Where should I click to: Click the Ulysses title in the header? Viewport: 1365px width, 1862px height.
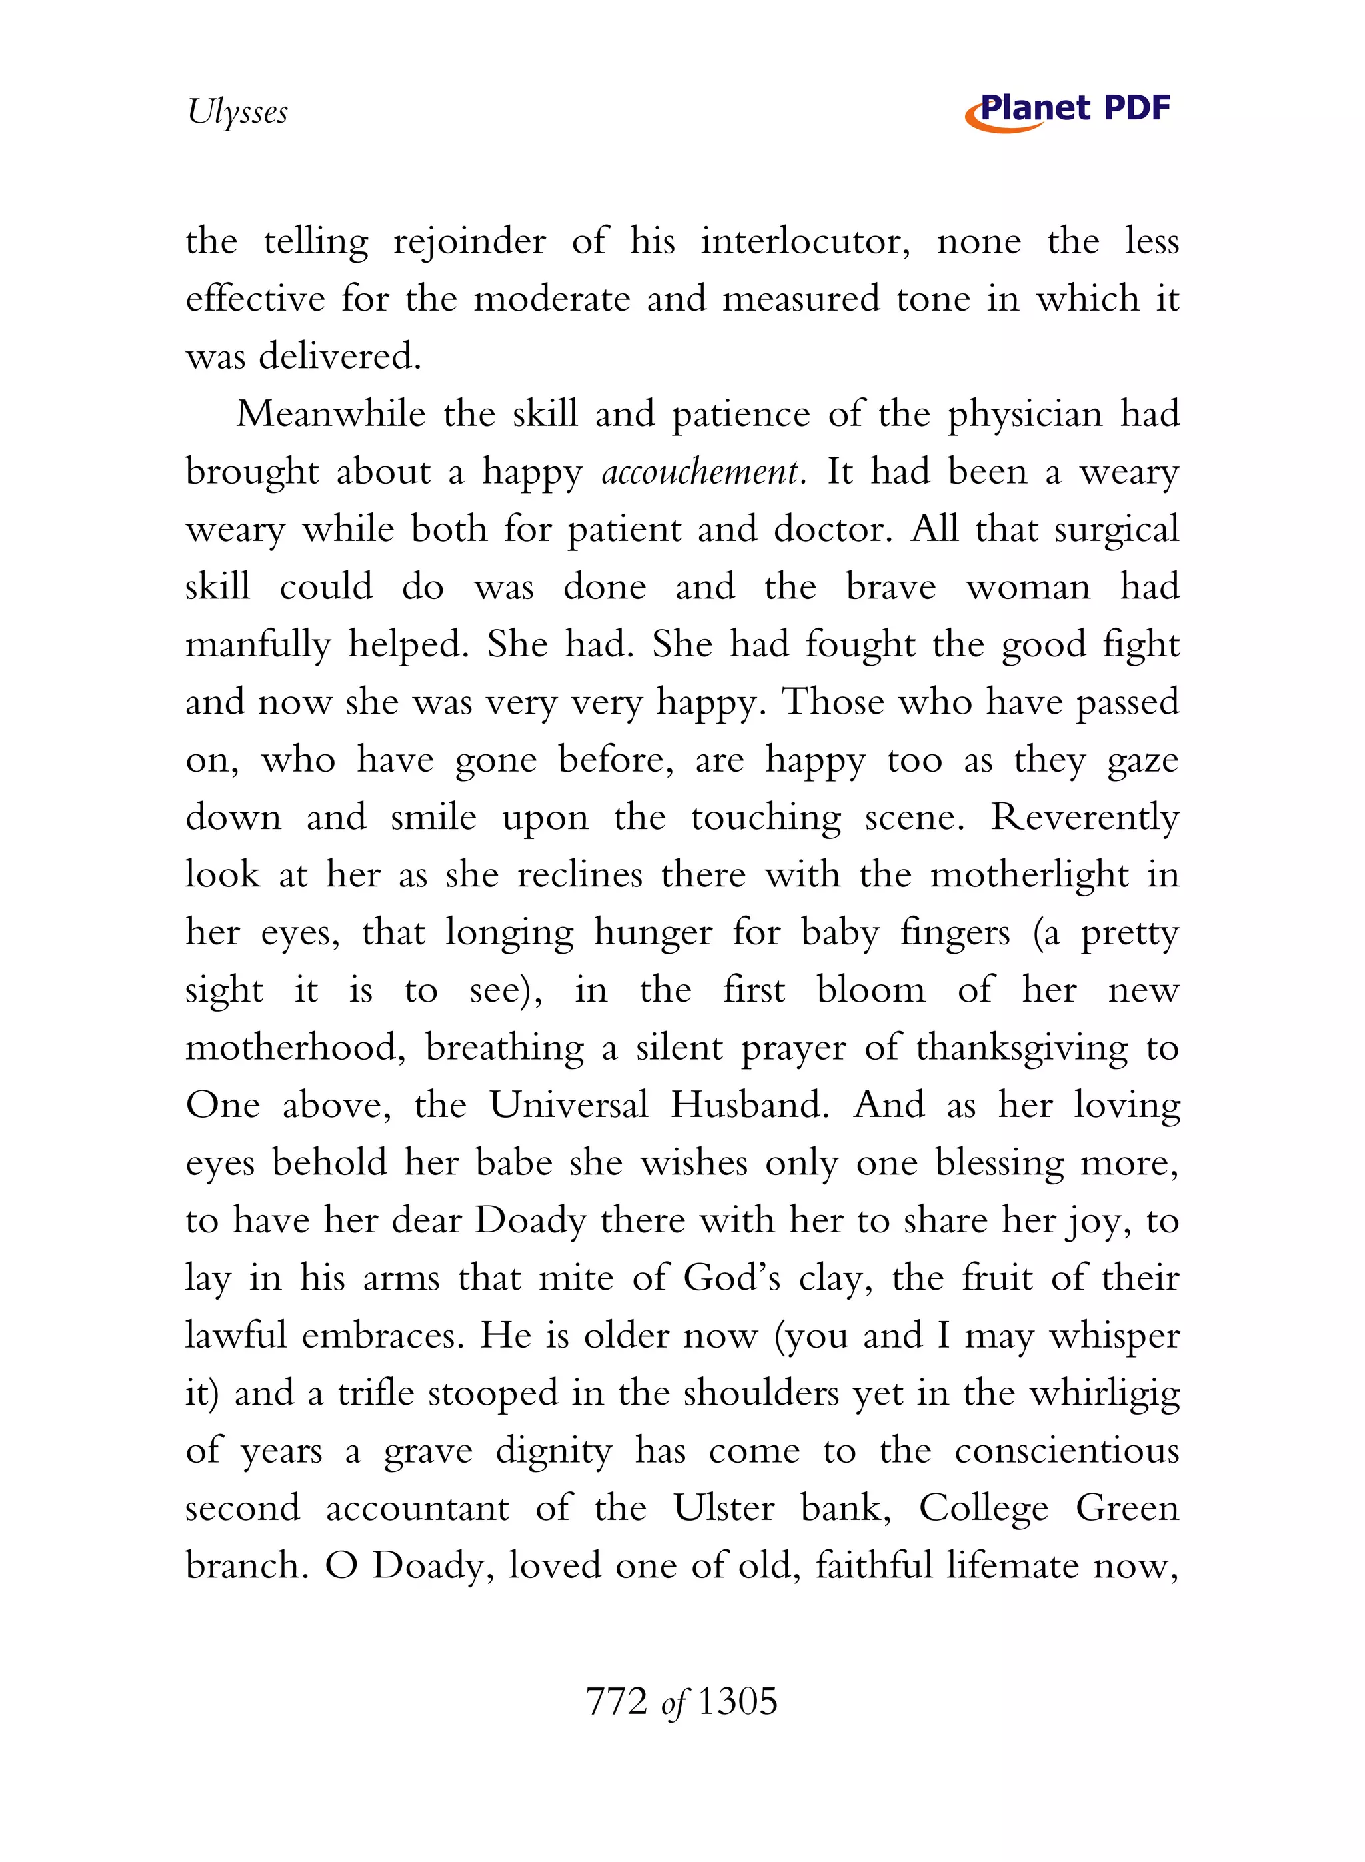(237, 111)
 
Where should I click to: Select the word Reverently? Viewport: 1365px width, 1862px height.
(1085, 817)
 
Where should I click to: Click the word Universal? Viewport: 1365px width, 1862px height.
(569, 1104)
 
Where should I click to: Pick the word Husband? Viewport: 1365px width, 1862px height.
(749, 1104)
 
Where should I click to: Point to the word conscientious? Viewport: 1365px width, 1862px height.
(1066, 1451)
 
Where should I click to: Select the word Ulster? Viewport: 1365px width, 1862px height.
(723, 1507)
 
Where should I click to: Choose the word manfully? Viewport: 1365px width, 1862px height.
(258, 645)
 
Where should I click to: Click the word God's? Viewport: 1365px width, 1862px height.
(731, 1278)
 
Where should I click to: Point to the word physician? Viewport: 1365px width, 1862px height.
(1024, 415)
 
